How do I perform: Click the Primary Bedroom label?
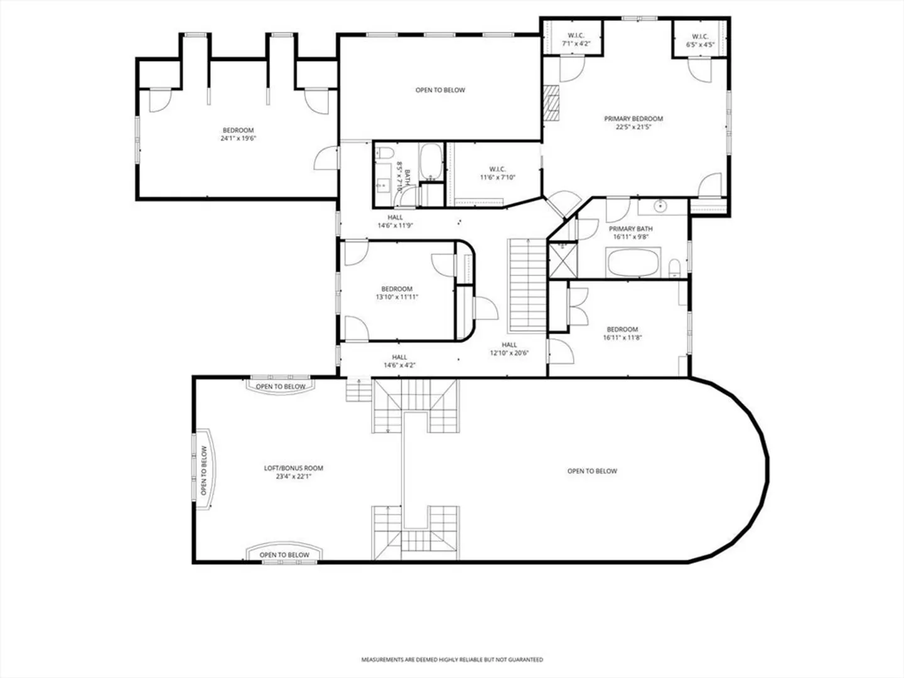pyautogui.click(x=633, y=122)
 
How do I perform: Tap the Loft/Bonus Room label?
pyautogui.click(x=293, y=472)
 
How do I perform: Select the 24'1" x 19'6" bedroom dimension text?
pyautogui.click(x=239, y=138)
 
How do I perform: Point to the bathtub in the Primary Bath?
pyautogui.click(x=633, y=262)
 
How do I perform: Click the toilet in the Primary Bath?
pyautogui.click(x=674, y=268)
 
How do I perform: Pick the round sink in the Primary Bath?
pyautogui.click(x=660, y=205)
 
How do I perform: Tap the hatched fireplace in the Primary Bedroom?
pyautogui.click(x=551, y=103)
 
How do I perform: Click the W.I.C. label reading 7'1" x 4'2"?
pyautogui.click(x=576, y=39)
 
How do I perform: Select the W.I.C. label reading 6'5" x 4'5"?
pyautogui.click(x=700, y=40)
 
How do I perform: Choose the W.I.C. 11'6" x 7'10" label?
pyautogui.click(x=497, y=173)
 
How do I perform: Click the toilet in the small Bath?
pyautogui.click(x=385, y=153)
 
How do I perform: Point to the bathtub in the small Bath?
pyautogui.click(x=431, y=161)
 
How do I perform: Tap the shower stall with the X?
pyautogui.click(x=563, y=261)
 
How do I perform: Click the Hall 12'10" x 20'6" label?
pyautogui.click(x=510, y=348)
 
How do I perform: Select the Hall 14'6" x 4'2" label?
pyautogui.click(x=399, y=361)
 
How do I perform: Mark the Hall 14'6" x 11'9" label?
pyautogui.click(x=395, y=221)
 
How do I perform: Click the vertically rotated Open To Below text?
pyautogui.click(x=204, y=471)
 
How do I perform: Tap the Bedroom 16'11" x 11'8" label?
pyautogui.click(x=622, y=333)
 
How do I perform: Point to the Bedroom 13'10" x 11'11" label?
pyautogui.click(x=397, y=293)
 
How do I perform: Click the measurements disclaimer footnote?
pyautogui.click(x=452, y=659)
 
